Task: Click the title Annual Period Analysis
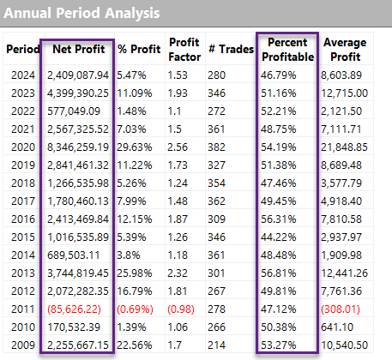pos(81,13)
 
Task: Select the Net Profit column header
pos(79,49)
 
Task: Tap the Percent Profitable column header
pos(287,50)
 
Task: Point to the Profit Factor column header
pos(184,50)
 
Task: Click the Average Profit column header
pos(345,50)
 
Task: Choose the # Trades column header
pos(232,49)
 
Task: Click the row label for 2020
pos(23,147)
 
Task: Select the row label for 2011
pos(23,309)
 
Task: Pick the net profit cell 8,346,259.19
pos(78,147)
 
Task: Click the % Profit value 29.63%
pos(135,147)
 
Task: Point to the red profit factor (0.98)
pos(181,309)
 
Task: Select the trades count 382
pos(216,147)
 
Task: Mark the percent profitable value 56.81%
pos(279,273)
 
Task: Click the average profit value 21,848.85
pos(344,147)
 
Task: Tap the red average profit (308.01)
pos(341,309)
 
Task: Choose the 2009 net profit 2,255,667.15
pos(78,345)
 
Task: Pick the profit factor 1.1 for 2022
pos(174,111)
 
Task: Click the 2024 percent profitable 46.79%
pos(279,75)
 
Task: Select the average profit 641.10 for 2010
pos(337,327)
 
